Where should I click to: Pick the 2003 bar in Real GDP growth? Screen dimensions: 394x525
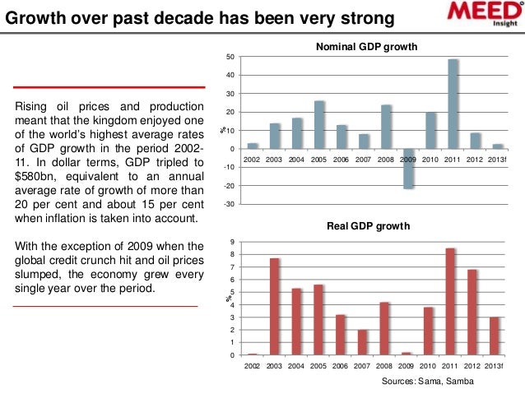click(x=275, y=307)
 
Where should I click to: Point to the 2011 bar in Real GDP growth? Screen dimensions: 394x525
click(x=451, y=302)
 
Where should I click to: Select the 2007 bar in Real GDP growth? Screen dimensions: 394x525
click(x=363, y=342)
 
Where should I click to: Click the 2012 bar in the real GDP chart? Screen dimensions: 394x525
click(x=473, y=313)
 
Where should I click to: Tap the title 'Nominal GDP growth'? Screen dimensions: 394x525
click(x=368, y=49)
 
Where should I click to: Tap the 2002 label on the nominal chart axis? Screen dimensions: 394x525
click(x=253, y=157)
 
